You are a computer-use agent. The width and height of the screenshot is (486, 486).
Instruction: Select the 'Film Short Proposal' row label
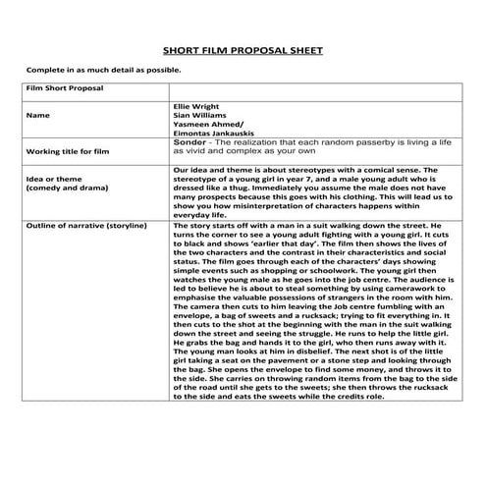[68, 88]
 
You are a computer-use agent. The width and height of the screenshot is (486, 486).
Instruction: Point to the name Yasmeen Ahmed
[200, 125]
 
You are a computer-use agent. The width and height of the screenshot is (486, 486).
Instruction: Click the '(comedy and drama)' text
[67, 187]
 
